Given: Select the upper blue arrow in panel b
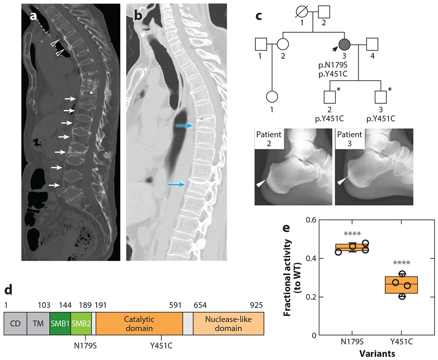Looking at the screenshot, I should [184, 125].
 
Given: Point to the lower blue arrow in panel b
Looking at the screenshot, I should [177, 184].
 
